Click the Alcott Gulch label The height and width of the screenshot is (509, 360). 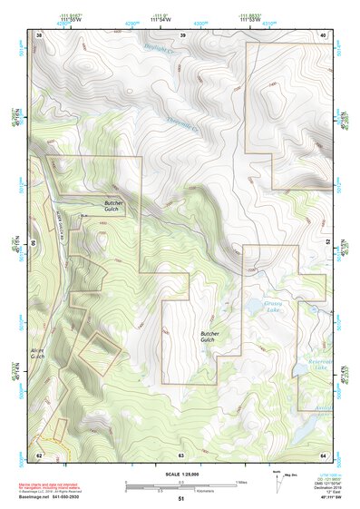tap(38, 354)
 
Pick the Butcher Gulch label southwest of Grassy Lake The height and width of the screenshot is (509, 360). tap(213, 338)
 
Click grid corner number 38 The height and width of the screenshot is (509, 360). tap(39, 34)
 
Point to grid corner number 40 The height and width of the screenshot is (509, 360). tap(322, 34)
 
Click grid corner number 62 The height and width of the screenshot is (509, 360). tap(39, 454)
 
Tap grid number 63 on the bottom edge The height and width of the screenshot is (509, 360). tap(181, 454)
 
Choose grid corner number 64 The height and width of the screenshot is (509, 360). tap(322, 454)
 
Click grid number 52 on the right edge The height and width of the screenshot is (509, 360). tap(327, 244)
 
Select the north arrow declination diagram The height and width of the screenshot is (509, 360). tap(277, 478)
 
